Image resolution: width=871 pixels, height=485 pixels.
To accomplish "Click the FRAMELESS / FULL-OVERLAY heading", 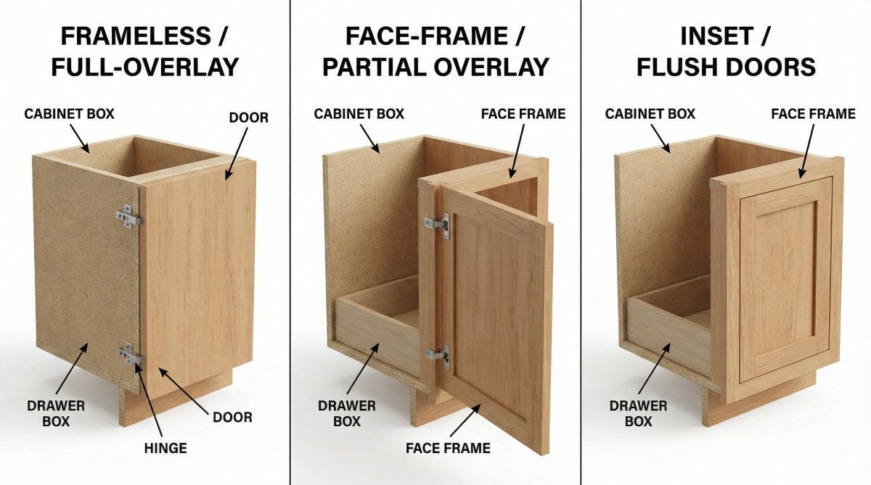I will pyautogui.click(x=144, y=51).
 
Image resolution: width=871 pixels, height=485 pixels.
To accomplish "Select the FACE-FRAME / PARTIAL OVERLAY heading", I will pyautogui.click(x=435, y=51).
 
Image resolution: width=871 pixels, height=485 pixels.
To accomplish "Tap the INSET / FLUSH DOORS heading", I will pyautogui.click(x=726, y=51).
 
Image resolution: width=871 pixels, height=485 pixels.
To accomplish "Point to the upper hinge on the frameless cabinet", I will pyautogui.click(x=128, y=217).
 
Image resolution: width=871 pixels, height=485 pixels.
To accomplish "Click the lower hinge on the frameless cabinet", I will pyautogui.click(x=131, y=355).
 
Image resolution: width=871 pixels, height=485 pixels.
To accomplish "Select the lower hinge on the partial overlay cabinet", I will pyautogui.click(x=438, y=355).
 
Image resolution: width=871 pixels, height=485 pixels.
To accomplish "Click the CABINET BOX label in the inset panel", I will pyautogui.click(x=650, y=114).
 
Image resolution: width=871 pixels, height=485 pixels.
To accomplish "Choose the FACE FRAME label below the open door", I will pyautogui.click(x=448, y=448).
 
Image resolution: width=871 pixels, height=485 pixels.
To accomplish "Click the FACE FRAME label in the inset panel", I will pyautogui.click(x=813, y=114).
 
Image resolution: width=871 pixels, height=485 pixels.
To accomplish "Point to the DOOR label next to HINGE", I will pyautogui.click(x=232, y=417).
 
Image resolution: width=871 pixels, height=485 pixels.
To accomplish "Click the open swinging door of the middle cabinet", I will pyautogui.click(x=497, y=312).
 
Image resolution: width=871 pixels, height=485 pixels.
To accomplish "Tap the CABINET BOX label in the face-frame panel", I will pyautogui.click(x=359, y=114).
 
